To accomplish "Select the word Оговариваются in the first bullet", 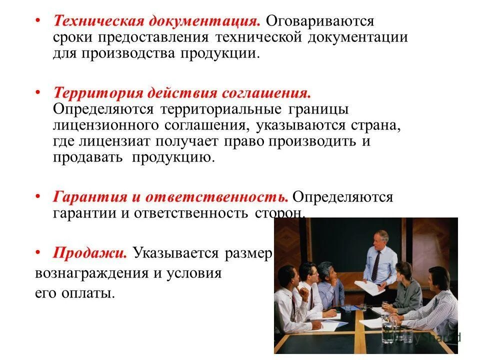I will (x=320, y=21).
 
